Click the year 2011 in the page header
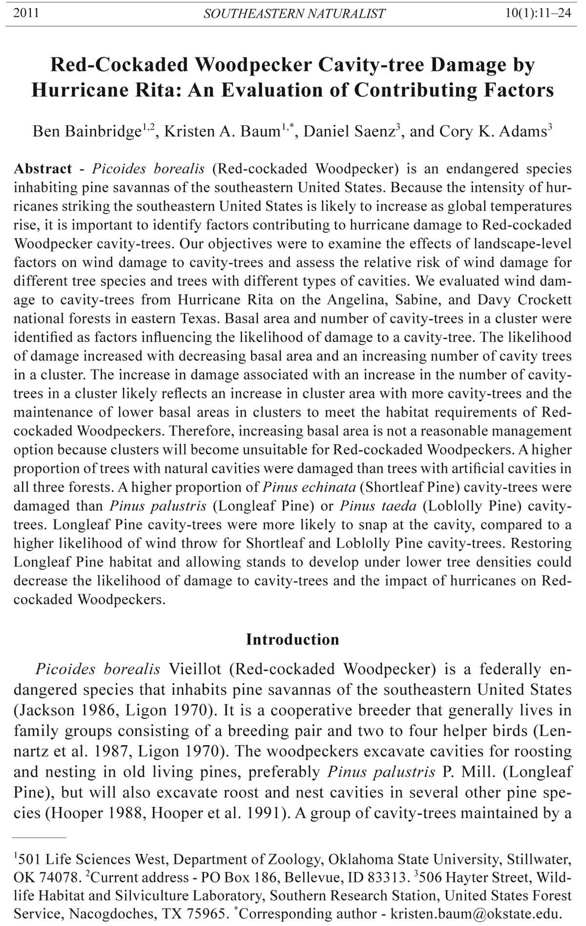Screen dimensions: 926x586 coord(26,13)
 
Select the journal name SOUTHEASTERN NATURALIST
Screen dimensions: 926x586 coord(294,14)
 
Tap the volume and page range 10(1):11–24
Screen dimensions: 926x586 coord(539,13)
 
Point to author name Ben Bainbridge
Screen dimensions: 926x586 coord(86,132)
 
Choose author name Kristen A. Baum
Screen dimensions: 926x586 coord(221,132)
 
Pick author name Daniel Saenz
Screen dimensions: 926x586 coord(349,132)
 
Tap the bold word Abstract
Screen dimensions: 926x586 coord(43,169)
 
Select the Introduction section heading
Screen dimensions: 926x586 coord(293,640)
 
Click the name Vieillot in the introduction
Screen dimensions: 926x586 coord(194,669)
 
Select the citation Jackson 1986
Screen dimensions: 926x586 coord(64,710)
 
